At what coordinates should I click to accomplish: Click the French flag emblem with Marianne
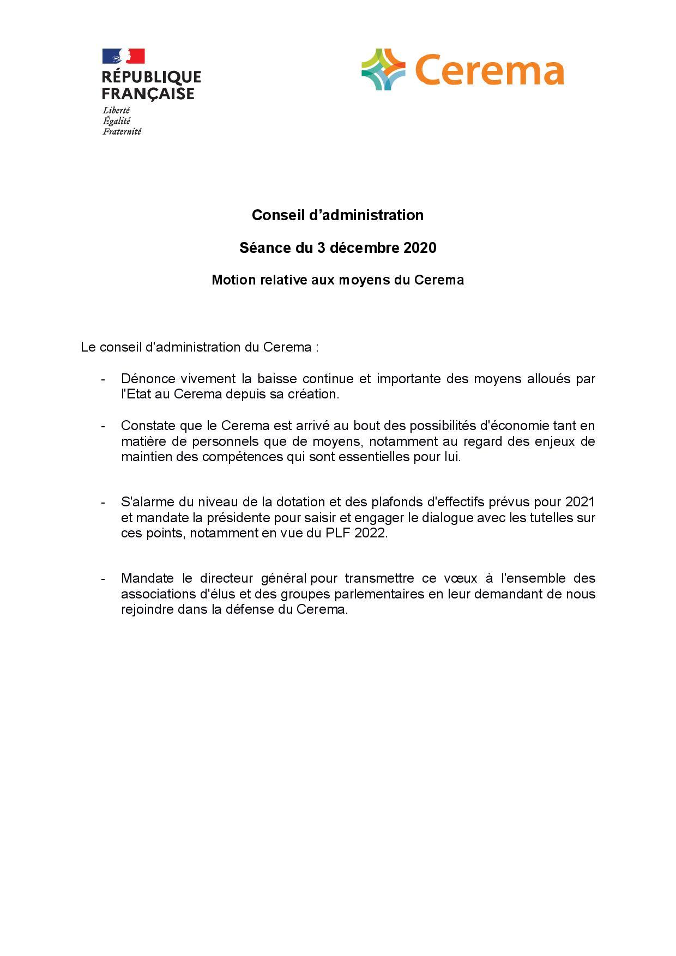pos(124,56)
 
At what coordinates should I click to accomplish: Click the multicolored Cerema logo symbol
pos(383,69)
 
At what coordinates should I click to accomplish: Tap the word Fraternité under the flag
pos(122,131)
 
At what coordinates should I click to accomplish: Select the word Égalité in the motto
pos(116,121)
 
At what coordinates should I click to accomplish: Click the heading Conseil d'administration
pos(337,215)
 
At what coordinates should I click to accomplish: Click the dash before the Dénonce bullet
pos(102,379)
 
